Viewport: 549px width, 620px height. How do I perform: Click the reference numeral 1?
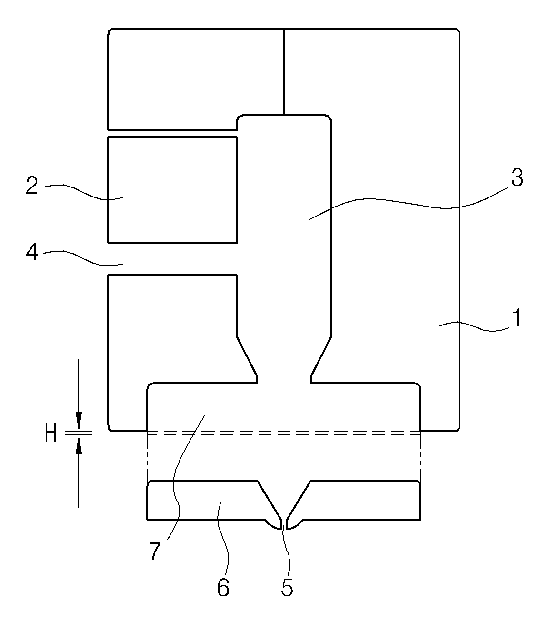517,318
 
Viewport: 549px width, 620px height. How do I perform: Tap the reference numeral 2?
32,185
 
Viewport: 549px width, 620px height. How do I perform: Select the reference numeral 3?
517,177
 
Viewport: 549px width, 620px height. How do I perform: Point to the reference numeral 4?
32,252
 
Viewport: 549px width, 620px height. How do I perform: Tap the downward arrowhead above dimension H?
79,421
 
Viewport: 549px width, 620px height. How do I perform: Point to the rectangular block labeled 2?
172,190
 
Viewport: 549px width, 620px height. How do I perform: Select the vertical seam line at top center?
284,72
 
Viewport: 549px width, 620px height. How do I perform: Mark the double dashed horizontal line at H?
284,433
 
